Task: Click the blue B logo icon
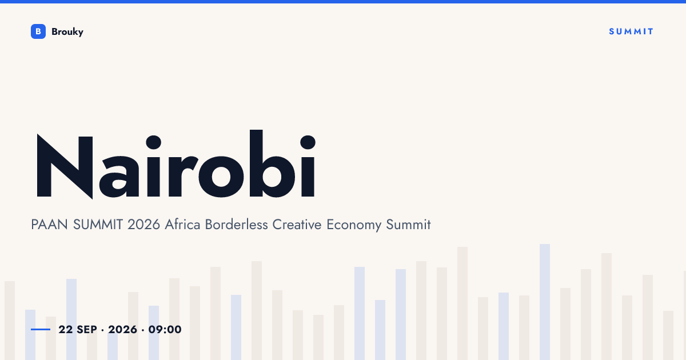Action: tap(38, 31)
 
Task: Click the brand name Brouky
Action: tap(67, 32)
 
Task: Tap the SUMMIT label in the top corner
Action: tap(631, 31)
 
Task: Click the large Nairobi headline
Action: tap(176, 165)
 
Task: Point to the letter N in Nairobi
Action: tap(65, 166)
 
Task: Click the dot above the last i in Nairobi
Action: tap(308, 142)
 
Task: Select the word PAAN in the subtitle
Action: tap(49, 225)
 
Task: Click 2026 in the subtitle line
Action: tap(143, 225)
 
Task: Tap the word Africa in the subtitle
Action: tap(182, 225)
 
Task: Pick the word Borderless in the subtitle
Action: tap(237, 225)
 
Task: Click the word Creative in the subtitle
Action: tap(297, 225)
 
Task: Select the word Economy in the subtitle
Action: tap(354, 226)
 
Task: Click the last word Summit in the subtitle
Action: tap(408, 225)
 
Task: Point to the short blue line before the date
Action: tap(41, 329)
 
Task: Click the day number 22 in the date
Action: tap(66, 329)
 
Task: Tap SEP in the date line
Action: tap(87, 329)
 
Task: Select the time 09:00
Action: tap(165, 329)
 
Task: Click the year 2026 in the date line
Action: tap(122, 329)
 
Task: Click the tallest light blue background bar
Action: tap(545, 302)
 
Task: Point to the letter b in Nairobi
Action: tap(272, 163)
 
